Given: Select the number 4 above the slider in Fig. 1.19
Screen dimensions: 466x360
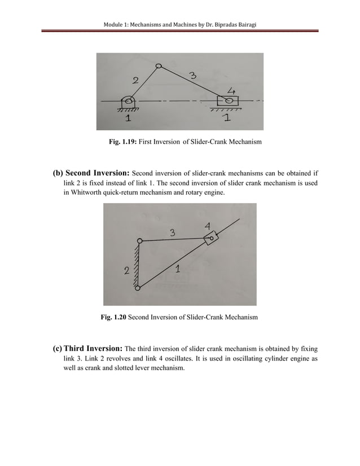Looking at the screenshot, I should click(x=230, y=90).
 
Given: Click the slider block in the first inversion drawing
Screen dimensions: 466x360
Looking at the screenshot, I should click(x=228, y=101).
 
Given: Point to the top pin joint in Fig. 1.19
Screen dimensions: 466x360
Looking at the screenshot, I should click(x=159, y=66).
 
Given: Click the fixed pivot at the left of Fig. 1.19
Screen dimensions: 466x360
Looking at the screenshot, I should click(x=129, y=101).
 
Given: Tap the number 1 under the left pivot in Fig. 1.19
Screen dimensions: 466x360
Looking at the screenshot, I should click(x=129, y=119).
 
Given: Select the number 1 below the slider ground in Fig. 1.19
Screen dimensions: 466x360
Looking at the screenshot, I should click(x=227, y=118).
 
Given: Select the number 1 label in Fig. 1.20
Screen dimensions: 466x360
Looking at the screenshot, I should click(x=178, y=269).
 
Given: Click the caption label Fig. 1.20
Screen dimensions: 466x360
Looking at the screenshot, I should click(x=113, y=318).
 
